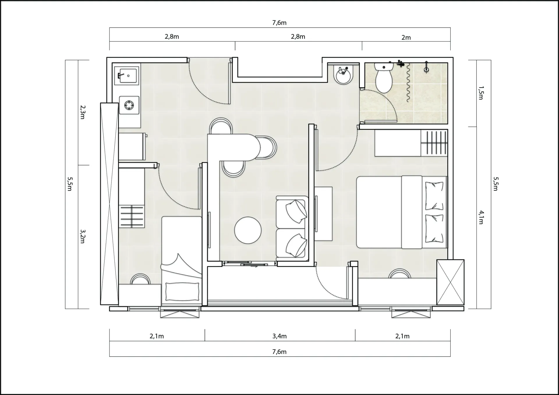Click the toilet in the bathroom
pyautogui.click(x=384, y=77)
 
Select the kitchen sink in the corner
pyautogui.click(x=127, y=75)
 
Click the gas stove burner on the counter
pyautogui.click(x=129, y=105)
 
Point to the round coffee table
pyautogui.click(x=248, y=230)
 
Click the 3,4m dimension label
pyautogui.click(x=279, y=336)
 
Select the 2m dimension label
pyautogui.click(x=406, y=37)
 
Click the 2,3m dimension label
pyautogui.click(x=82, y=112)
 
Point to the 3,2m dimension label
pyautogui.click(x=82, y=236)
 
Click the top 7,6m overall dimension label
pyautogui.click(x=279, y=23)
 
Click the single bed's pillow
pyautogui.click(x=182, y=291)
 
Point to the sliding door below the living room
pyautogui.click(x=250, y=264)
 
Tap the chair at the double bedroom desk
pyautogui.click(x=399, y=274)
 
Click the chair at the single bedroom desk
pyautogui.click(x=140, y=279)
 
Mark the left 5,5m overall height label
pyautogui.click(x=70, y=184)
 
